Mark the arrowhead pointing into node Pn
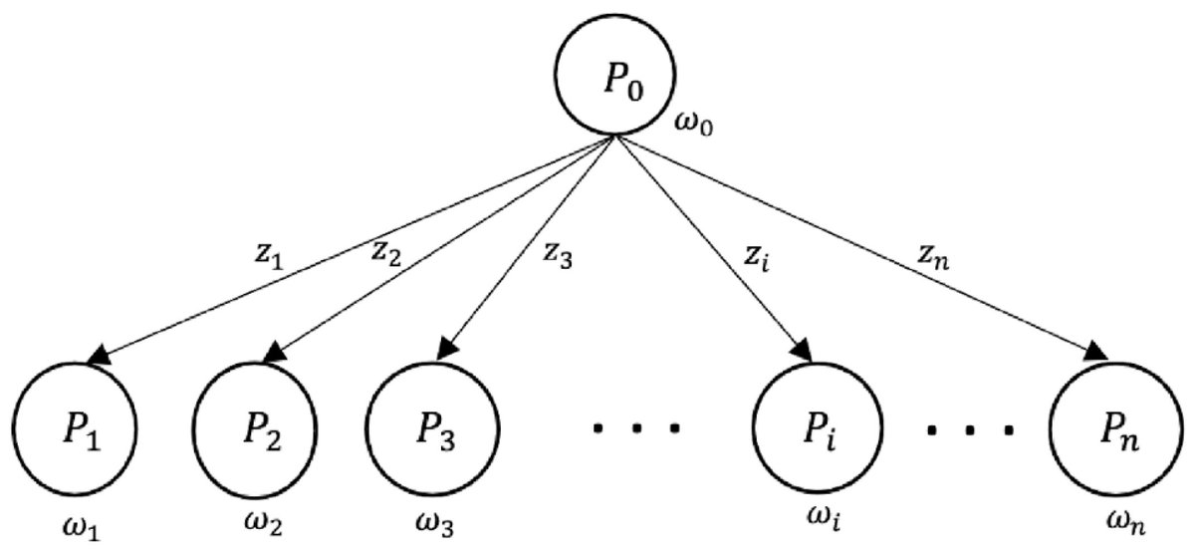click(x=1095, y=353)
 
